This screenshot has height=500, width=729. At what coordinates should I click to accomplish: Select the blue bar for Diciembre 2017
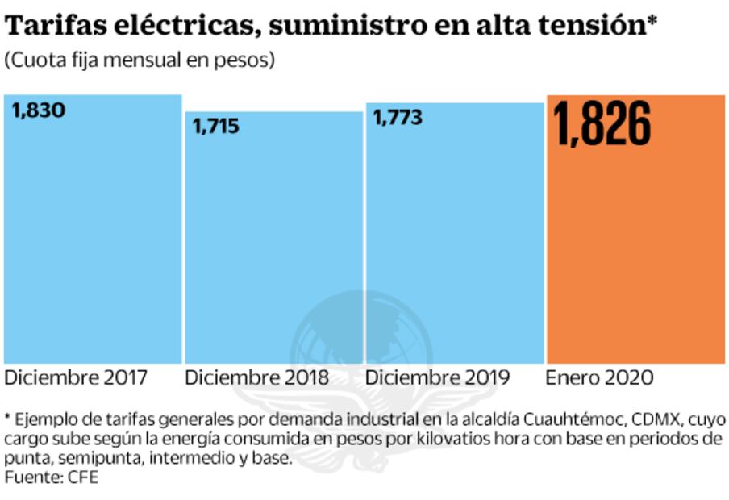(92, 242)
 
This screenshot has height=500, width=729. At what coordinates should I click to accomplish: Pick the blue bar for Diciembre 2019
(455, 242)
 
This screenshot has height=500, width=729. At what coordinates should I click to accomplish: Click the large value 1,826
(602, 125)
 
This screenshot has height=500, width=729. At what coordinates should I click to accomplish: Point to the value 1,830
(39, 110)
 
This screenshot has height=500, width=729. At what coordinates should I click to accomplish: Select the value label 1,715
(215, 127)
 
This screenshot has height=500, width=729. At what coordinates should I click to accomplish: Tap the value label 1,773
(397, 118)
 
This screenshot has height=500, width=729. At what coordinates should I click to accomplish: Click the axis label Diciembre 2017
(76, 377)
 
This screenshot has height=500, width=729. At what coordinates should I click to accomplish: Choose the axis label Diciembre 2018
(256, 377)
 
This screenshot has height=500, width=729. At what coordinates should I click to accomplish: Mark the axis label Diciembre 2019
(437, 377)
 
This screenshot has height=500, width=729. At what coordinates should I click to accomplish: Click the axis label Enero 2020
(599, 377)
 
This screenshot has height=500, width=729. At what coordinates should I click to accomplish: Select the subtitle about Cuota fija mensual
(140, 60)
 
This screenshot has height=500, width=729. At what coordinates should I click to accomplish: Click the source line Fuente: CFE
(51, 478)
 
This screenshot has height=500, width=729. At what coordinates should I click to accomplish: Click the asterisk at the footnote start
(8, 419)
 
